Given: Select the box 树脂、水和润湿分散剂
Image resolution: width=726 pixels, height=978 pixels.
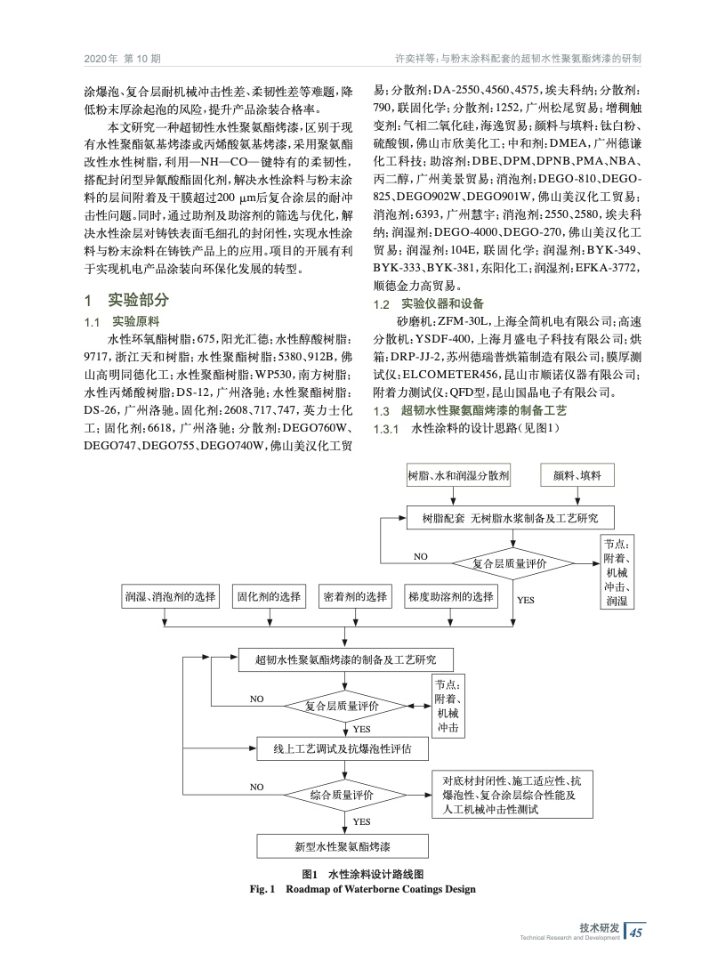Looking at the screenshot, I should click(459, 476).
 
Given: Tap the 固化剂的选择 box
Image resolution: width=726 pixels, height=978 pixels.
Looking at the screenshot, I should click(269, 596).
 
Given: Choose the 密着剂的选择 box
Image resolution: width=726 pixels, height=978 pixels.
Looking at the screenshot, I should click(354, 596).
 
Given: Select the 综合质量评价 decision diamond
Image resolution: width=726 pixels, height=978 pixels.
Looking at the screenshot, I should click(343, 794).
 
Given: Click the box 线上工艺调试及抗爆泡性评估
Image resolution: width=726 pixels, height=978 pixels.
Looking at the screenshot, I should click(343, 748).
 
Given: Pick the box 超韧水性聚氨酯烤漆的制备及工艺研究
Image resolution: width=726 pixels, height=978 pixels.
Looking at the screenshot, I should click(346, 660).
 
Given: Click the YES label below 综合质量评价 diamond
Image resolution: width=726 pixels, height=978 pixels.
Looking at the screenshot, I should click(362, 820).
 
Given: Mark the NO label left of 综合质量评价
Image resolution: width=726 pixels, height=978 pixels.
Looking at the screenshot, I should click(257, 787).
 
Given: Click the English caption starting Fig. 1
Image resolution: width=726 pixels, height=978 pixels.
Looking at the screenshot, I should click(364, 888).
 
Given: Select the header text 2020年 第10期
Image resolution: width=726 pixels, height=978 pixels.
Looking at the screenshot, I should click(122, 60).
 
